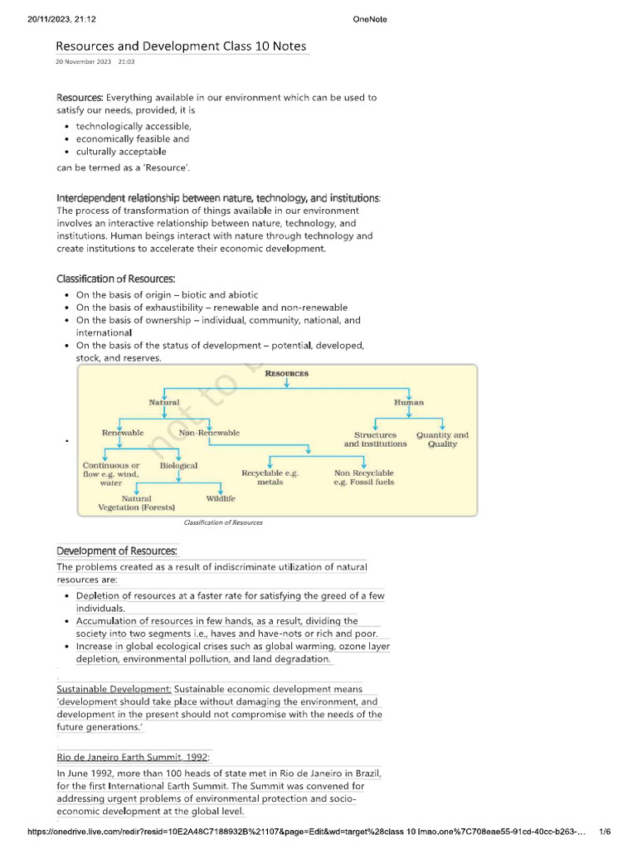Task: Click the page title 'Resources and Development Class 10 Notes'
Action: click(181, 46)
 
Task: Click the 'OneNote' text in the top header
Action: click(369, 19)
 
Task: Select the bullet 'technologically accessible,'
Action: click(134, 126)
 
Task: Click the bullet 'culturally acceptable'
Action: click(121, 152)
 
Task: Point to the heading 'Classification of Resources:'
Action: click(115, 278)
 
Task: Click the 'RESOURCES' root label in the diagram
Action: click(286, 374)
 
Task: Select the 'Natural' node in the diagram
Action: click(163, 402)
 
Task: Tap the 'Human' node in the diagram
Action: click(408, 402)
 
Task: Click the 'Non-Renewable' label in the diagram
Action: click(209, 433)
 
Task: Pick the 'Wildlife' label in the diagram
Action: click(221, 498)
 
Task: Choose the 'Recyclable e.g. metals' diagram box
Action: click(270, 477)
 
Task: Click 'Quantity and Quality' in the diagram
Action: click(442, 439)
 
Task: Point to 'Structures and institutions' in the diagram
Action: click(375, 439)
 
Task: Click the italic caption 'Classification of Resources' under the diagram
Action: click(223, 523)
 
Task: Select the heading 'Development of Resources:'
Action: click(116, 551)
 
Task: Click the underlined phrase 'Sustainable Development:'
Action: click(114, 689)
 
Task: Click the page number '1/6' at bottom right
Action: click(605, 832)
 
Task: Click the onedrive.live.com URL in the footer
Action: click(307, 832)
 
